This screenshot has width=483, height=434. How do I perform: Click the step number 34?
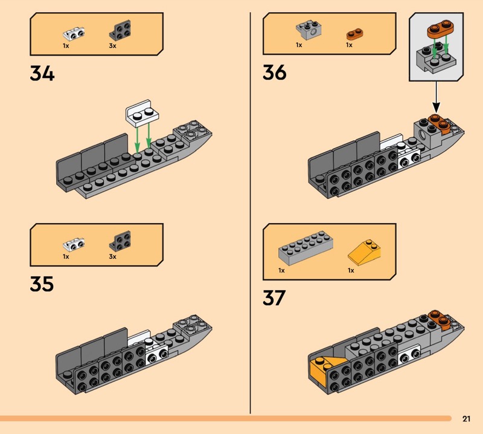pos(42,73)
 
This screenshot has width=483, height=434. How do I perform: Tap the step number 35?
pos(42,284)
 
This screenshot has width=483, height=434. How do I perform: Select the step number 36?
pos(275,73)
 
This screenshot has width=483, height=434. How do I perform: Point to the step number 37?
pos(274,297)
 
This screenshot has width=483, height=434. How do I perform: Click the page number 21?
pos(466,418)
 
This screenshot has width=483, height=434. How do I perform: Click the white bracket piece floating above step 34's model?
pos(142,113)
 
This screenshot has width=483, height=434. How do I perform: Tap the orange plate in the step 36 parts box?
pos(354,34)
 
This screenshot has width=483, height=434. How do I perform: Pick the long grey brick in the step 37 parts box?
pos(306,248)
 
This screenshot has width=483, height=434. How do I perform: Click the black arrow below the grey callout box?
pos(436,97)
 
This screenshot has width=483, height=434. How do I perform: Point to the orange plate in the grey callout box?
pos(440,28)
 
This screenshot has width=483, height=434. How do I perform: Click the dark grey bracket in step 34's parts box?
pos(120,30)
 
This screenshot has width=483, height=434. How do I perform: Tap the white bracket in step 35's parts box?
pos(74,244)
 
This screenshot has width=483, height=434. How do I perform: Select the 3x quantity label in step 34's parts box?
pos(112,46)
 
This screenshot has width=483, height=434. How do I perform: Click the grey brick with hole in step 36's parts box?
pos(309,30)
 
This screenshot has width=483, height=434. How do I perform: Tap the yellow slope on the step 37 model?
pos(323,369)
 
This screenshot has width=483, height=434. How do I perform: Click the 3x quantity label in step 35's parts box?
pos(112,257)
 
